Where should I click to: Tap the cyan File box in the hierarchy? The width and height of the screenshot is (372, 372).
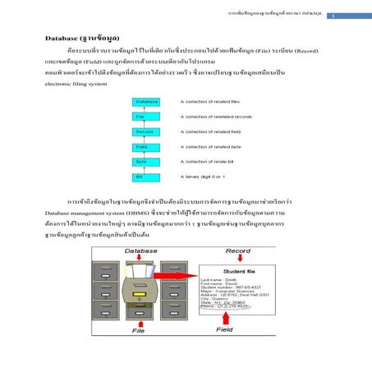coord(142,117)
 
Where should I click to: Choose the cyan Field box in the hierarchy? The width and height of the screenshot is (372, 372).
coord(142,146)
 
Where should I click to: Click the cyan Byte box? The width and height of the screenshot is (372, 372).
coord(142,161)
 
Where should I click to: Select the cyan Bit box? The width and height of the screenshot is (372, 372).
coord(142,176)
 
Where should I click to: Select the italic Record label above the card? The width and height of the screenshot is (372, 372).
coord(238,250)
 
